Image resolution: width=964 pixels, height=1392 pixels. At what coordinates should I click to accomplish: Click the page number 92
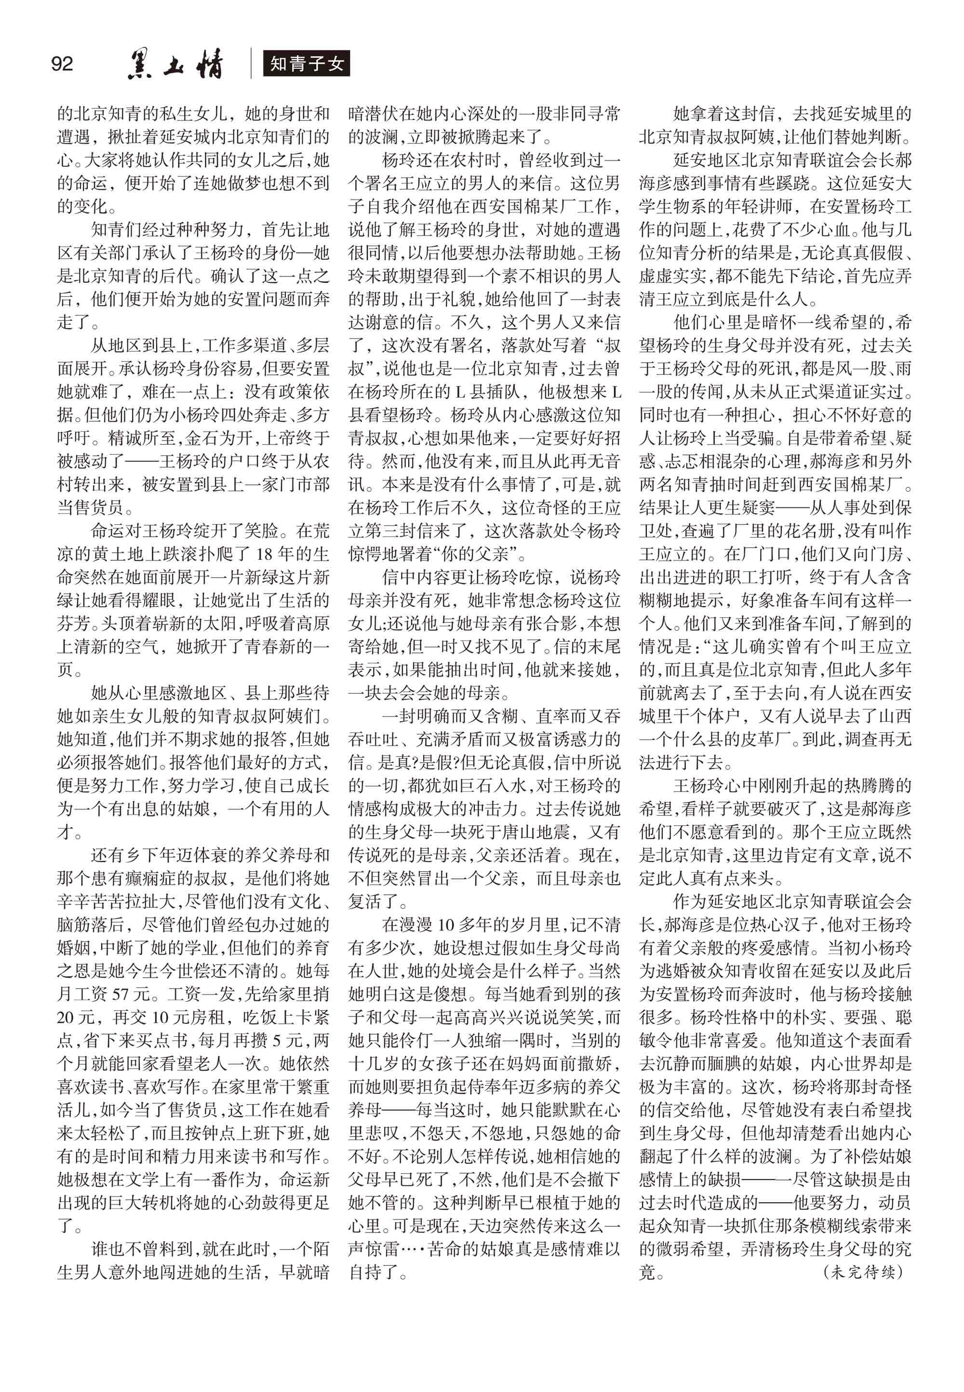point(62,64)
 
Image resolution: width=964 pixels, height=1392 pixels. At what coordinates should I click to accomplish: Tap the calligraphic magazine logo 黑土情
point(175,65)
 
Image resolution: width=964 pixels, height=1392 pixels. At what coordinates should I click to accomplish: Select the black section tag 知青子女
point(306,64)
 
